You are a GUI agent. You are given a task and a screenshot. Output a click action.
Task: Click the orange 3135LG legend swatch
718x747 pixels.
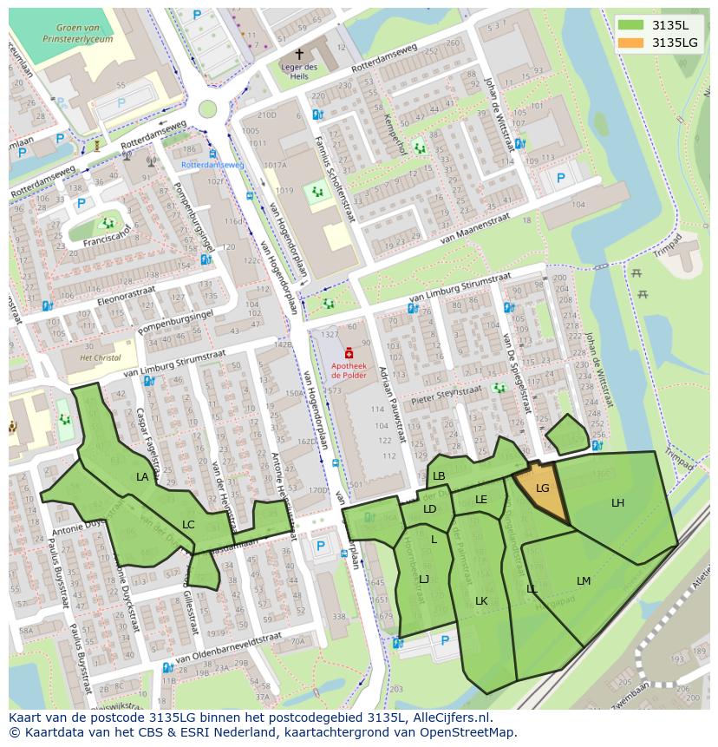click(632, 43)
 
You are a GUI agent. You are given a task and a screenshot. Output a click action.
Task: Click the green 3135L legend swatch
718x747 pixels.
click(632, 25)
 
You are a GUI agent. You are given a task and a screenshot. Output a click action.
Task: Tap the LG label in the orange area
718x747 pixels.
click(543, 488)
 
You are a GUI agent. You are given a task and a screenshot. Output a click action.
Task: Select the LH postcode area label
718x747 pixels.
click(617, 503)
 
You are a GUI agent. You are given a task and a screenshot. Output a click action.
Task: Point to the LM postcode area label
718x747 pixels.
click(584, 580)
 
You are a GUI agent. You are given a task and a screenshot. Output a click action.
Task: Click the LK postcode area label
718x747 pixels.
click(481, 601)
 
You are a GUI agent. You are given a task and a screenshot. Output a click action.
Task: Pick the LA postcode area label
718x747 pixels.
click(142, 477)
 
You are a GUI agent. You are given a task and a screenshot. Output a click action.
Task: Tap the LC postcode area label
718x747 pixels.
click(188, 524)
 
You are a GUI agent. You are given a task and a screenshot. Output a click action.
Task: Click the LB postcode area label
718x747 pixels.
click(439, 476)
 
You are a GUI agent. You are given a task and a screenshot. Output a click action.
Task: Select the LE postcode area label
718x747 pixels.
click(481, 499)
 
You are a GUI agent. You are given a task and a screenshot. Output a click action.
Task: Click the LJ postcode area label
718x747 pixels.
click(424, 579)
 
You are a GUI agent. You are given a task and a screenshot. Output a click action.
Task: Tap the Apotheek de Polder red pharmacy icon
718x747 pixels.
click(349, 353)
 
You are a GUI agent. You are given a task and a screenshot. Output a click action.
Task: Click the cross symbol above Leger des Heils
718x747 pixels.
click(299, 54)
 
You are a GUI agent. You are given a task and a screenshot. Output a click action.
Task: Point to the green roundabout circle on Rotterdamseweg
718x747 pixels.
click(207, 108)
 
